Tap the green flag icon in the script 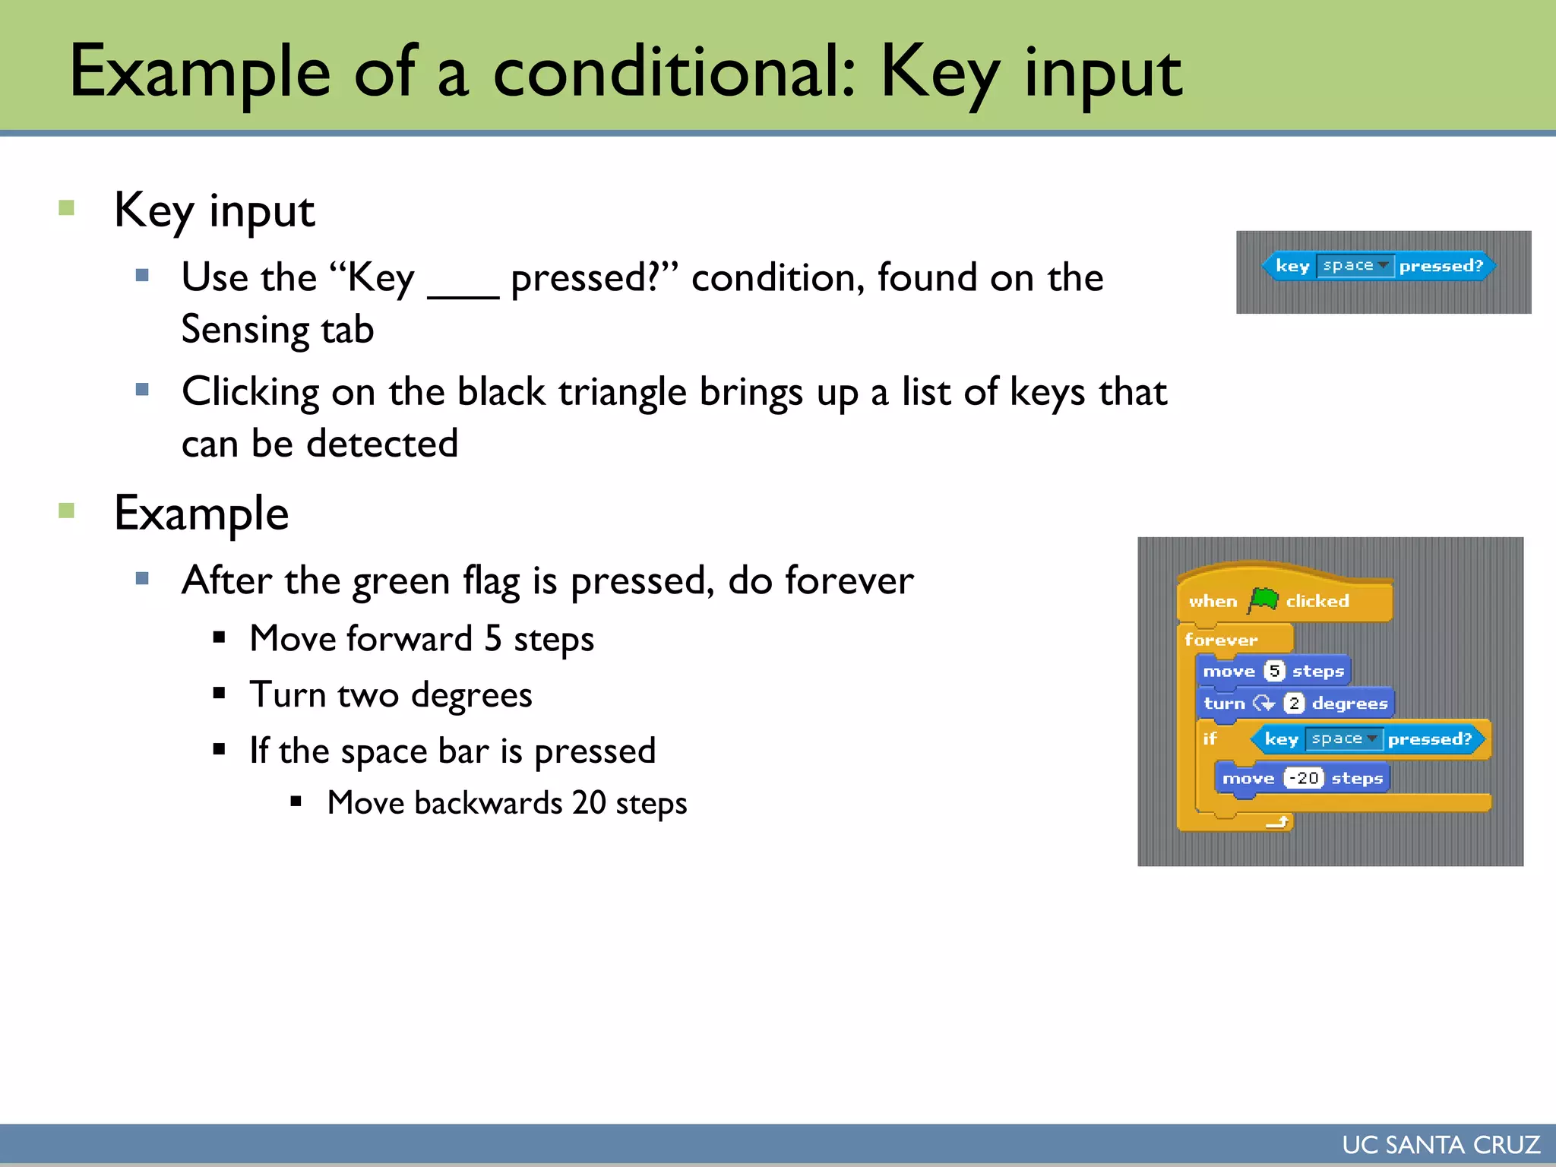(1263, 600)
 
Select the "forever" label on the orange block (1220, 640)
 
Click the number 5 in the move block (1274, 671)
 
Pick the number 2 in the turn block (1294, 704)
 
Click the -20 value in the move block (1304, 778)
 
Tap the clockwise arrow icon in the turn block (1263, 704)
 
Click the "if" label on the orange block (1210, 738)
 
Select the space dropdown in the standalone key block (1355, 266)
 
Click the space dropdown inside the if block (1343, 738)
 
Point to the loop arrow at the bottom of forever (1278, 821)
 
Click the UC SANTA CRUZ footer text (1441, 1145)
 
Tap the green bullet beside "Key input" (67, 207)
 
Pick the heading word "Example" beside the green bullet (201, 514)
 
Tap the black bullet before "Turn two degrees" (220, 693)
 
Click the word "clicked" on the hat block (1317, 601)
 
